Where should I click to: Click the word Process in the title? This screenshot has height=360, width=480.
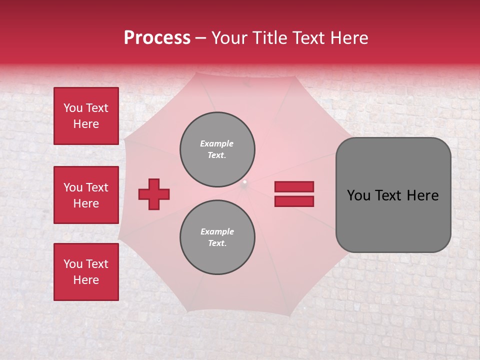(x=157, y=38)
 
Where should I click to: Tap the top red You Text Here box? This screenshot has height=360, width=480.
(x=86, y=116)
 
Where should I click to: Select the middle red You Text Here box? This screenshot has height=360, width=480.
(x=86, y=195)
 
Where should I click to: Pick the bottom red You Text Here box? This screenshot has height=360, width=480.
(x=86, y=272)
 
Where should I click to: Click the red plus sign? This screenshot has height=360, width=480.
(x=154, y=194)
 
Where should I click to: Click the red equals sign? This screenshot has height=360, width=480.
(x=294, y=194)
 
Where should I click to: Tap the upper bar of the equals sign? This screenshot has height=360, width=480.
(x=294, y=187)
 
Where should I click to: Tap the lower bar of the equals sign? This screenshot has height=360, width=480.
(x=294, y=201)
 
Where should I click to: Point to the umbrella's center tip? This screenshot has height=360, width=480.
(x=244, y=182)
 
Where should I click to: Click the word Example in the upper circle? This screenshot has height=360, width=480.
(x=217, y=143)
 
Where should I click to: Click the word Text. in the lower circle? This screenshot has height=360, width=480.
(x=217, y=243)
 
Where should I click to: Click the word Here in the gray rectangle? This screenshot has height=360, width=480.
(x=423, y=195)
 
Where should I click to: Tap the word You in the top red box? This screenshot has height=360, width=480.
(x=73, y=108)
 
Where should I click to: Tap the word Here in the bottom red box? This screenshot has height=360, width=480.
(x=86, y=280)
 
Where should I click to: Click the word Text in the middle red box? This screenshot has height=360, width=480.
(x=96, y=187)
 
